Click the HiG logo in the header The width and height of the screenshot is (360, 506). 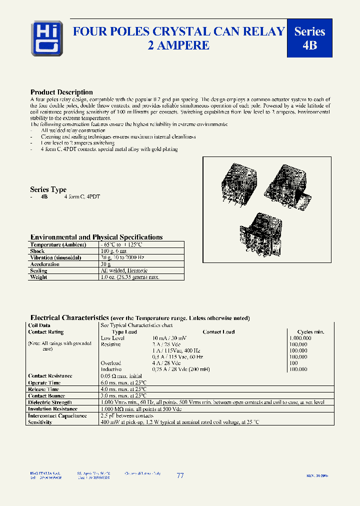(x=43, y=37)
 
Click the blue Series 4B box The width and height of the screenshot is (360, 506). (x=309, y=38)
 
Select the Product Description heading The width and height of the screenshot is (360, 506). (x=61, y=92)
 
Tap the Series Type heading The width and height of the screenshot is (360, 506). (x=48, y=189)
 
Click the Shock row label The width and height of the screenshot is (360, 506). (x=37, y=251)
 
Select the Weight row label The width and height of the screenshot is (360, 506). (x=39, y=277)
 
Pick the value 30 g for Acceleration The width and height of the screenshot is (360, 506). (x=106, y=264)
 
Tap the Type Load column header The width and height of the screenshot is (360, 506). (x=124, y=332)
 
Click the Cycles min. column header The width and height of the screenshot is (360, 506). (x=310, y=332)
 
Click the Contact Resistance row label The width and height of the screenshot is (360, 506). (x=50, y=376)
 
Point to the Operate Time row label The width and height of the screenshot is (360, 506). (x=44, y=382)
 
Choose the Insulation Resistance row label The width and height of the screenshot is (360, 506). (x=52, y=409)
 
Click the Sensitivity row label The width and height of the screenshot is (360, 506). (x=40, y=422)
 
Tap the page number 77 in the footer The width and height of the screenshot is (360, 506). (x=180, y=476)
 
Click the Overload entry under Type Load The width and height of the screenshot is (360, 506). (x=110, y=363)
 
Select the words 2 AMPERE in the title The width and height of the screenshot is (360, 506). (x=178, y=45)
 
